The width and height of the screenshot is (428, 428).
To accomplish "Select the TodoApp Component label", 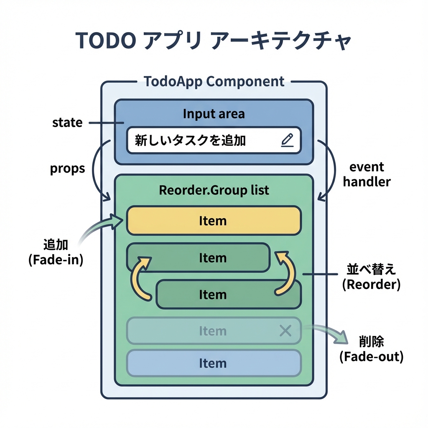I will tap(214, 81).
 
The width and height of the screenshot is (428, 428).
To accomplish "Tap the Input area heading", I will tap(214, 114).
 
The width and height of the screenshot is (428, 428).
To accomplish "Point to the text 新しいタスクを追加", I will tap(190, 140).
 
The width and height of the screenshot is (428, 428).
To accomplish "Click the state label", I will tap(67, 123).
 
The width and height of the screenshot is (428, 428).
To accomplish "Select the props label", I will tap(67, 168).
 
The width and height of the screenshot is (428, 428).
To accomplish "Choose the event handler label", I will tap(367, 175).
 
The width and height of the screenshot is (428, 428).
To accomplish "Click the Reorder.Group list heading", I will tap(214, 190).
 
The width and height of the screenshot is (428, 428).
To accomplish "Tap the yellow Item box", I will tap(214, 220).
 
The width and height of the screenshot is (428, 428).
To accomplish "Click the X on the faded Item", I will tap(285, 331).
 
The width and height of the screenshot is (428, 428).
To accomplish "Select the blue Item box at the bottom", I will tap(214, 363).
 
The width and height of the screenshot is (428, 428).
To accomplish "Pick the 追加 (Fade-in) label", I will tap(56, 252).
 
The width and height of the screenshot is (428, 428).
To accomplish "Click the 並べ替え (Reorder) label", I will tap(371, 277).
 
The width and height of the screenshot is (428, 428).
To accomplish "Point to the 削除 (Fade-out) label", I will tap(371, 349).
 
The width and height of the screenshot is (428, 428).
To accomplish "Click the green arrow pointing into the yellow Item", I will tap(100, 228).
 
